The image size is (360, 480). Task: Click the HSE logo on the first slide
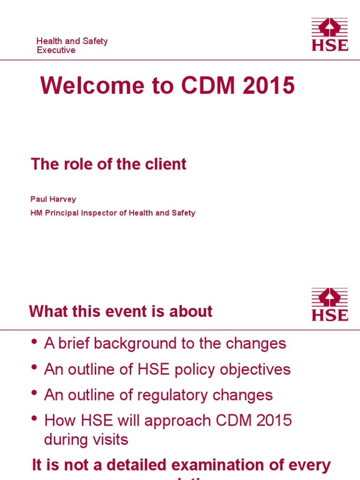(330, 34)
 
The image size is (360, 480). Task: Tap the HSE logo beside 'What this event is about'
(330, 305)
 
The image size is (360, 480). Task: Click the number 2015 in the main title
(270, 86)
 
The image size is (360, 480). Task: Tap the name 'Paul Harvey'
(53, 199)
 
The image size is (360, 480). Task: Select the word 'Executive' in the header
(56, 50)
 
